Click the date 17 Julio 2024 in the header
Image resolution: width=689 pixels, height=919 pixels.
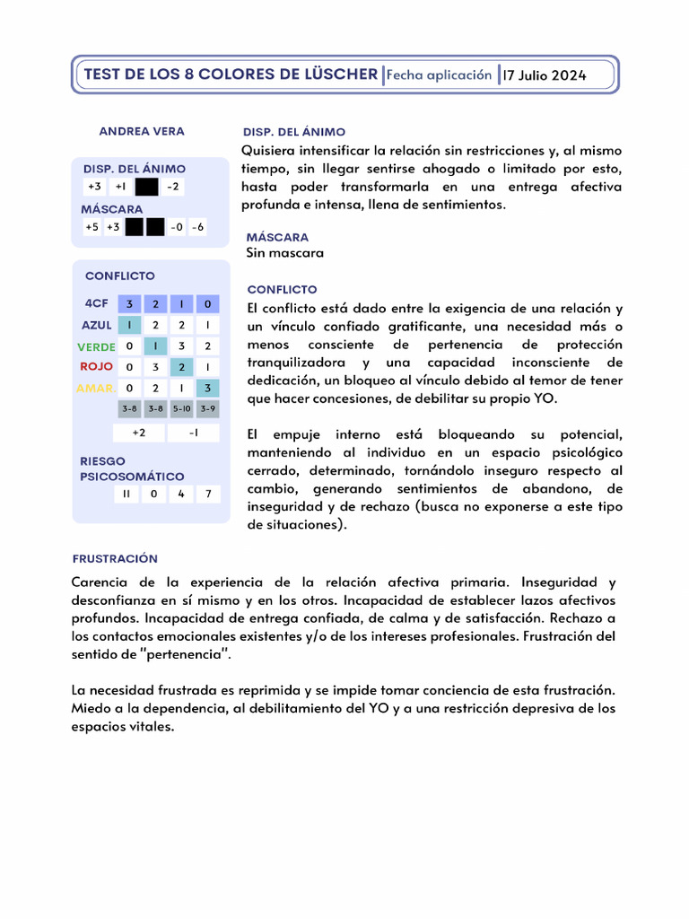545,75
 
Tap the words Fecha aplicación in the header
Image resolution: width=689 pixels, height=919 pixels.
440,75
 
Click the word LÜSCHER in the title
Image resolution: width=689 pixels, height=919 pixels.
333,74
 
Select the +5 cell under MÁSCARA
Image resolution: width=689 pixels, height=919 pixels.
92,227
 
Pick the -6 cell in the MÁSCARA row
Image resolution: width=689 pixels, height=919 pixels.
197,227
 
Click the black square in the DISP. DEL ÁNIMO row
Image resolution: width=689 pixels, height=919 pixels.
145,187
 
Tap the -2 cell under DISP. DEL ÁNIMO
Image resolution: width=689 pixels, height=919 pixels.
173,187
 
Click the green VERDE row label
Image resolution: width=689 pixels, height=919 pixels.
96,346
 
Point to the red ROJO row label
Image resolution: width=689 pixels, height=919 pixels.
96,367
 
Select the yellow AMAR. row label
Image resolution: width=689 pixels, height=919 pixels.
95,388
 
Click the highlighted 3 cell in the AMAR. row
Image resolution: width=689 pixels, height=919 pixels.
207,388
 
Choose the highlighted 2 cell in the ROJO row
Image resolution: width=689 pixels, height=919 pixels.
181,367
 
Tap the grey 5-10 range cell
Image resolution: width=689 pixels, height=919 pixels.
181,409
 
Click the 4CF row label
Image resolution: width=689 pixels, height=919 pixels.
96,304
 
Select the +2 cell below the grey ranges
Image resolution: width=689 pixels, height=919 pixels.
139,433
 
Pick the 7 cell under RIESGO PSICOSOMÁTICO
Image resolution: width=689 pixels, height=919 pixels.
207,494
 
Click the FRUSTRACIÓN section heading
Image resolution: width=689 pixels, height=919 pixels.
115,558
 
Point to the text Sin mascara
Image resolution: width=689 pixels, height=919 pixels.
285,253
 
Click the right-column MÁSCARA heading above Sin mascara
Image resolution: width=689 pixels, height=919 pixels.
277,237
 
